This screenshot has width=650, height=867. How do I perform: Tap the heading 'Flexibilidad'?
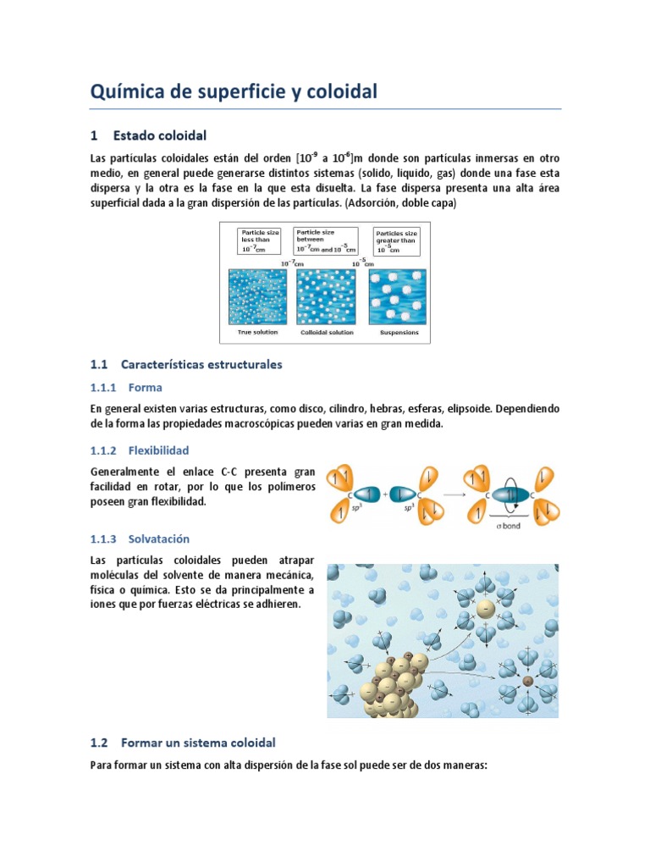tap(158, 450)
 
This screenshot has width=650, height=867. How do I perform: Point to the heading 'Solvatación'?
tap(159, 538)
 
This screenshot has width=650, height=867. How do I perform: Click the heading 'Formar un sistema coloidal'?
tap(198, 743)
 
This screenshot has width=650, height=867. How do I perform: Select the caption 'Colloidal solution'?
tap(326, 333)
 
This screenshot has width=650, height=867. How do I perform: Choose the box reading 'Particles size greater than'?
tap(396, 241)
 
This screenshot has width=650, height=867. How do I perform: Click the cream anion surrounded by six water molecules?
tap(484, 610)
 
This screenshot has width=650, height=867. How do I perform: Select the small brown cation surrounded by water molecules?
tap(528, 681)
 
